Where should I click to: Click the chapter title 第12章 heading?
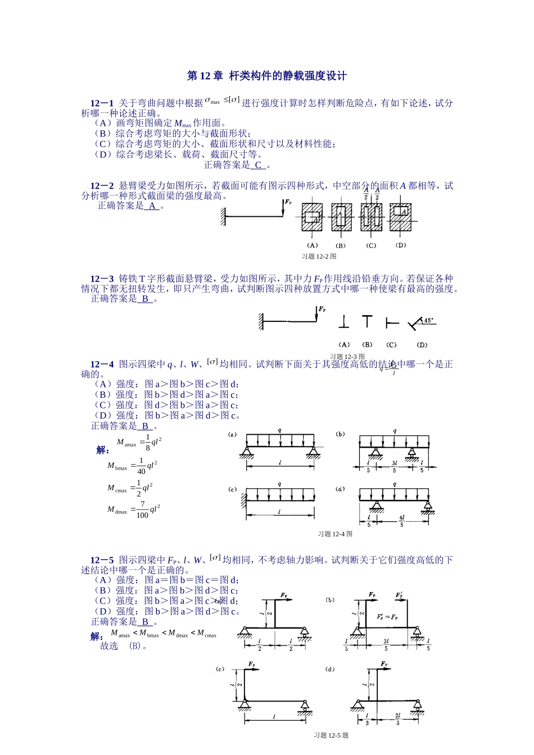pos(267,76)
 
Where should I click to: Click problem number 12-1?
pos(102,103)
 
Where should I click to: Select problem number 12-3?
pos(102,279)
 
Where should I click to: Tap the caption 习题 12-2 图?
pos(319,256)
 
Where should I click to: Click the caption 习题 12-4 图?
pos(335,534)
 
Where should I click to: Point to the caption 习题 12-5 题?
pos(331,735)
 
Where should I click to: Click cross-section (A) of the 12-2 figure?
pos(313,216)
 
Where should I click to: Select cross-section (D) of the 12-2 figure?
pos(401,215)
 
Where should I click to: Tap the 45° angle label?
pos(428,321)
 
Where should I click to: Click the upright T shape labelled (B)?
pos(367,322)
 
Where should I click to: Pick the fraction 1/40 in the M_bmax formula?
pos(141,466)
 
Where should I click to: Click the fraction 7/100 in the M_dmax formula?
pos(142,510)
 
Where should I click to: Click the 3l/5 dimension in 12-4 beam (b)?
pos(394,466)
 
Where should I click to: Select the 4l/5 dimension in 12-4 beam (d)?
pos(401,521)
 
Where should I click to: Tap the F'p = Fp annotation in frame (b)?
pos(387,616)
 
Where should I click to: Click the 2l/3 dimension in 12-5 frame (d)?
pos(397,719)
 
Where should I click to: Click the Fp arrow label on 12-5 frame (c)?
pos(253,663)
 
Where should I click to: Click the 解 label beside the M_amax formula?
pos(103,450)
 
